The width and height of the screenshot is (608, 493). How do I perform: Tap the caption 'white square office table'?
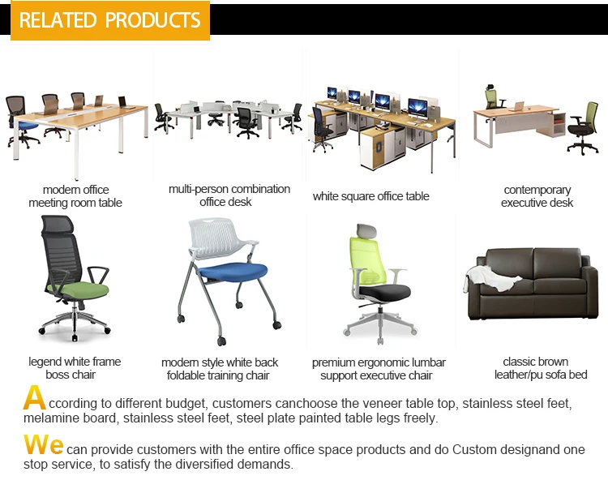click(370, 196)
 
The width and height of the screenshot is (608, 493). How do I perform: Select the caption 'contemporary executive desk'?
click(537, 196)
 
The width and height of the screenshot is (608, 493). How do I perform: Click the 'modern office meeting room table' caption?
click(75, 196)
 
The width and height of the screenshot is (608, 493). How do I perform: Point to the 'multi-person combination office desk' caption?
click(229, 195)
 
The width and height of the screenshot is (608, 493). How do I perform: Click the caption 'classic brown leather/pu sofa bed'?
click(536, 368)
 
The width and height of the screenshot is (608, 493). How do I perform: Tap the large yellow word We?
click(43, 445)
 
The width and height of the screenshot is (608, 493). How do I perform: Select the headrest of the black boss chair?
click(60, 227)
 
